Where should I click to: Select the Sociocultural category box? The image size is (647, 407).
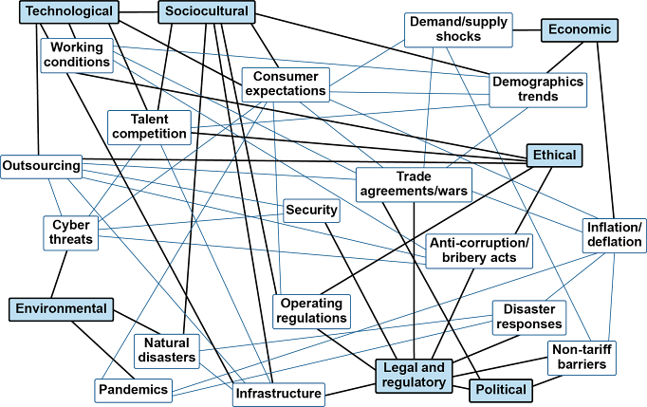[x=206, y=12]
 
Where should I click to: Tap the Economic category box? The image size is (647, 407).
[x=580, y=29]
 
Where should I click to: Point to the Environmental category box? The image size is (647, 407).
[x=59, y=308]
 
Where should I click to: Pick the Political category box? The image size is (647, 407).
[x=501, y=389]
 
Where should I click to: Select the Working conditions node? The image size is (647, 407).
[x=77, y=55]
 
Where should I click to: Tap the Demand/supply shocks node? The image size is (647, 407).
[x=459, y=29]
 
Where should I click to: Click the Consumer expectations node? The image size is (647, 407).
[x=285, y=83]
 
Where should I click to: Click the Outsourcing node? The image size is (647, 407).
[x=41, y=166]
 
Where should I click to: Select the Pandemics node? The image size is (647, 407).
[x=134, y=389]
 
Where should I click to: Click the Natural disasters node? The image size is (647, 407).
[x=167, y=350]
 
